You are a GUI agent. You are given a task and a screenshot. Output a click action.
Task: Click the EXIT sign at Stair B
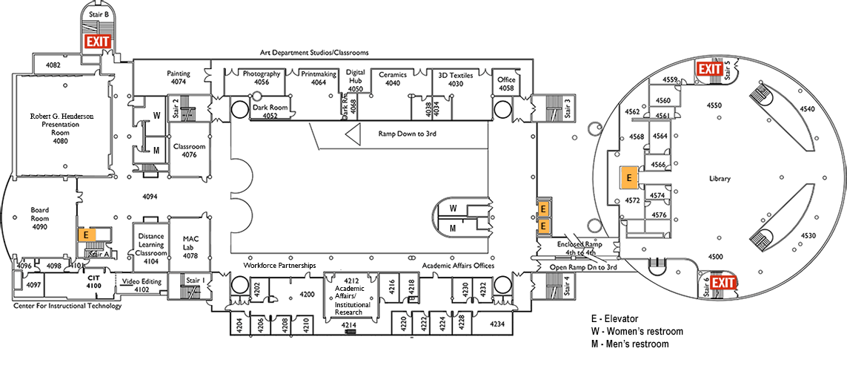click(x=99, y=42)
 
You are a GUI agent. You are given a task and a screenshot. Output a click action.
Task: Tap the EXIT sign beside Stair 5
click(x=709, y=69)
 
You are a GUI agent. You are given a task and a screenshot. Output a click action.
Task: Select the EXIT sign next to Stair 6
click(x=723, y=283)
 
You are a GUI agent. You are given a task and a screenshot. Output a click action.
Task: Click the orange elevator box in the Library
click(x=628, y=178)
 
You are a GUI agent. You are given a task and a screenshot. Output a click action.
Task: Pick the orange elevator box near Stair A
click(x=87, y=234)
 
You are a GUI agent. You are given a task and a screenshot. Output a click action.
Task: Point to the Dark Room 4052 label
click(x=270, y=111)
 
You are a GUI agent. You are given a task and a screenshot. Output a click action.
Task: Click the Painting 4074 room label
click(x=178, y=79)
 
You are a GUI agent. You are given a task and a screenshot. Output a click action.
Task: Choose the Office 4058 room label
click(x=506, y=84)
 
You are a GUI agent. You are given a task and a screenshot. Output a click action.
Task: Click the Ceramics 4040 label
click(x=393, y=79)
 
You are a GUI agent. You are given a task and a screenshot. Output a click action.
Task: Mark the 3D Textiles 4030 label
click(x=455, y=79)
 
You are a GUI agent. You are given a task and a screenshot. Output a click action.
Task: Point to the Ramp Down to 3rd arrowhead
click(x=353, y=134)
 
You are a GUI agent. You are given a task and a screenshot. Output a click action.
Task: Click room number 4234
click(x=496, y=324)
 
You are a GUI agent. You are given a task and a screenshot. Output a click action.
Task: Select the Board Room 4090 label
click(x=39, y=218)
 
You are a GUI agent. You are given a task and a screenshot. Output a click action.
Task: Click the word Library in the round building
click(x=720, y=178)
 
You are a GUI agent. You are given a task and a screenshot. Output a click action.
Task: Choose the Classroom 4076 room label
click(x=190, y=151)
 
